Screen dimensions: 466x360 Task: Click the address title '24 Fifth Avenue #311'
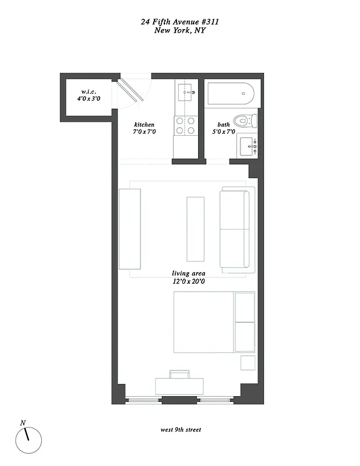click(180, 22)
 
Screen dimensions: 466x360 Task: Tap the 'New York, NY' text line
click(180, 30)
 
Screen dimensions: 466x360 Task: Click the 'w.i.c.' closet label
click(89, 91)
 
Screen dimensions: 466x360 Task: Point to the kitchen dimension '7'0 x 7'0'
click(144, 132)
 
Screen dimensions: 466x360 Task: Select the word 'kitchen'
click(144, 125)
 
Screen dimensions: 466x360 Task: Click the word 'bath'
click(224, 125)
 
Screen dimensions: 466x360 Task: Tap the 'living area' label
click(188, 273)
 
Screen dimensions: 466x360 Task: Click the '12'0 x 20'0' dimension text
click(188, 281)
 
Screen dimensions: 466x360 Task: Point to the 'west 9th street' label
click(181, 430)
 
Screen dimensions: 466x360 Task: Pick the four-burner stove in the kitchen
click(185, 126)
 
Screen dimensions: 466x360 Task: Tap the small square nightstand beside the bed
click(248, 362)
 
